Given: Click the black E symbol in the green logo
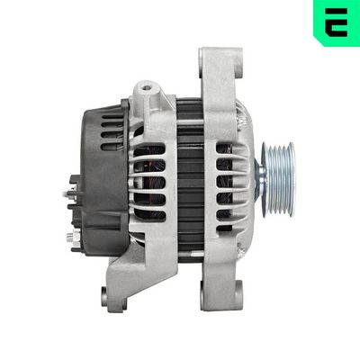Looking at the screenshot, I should click(337, 21).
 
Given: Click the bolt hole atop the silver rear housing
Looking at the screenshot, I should click(145, 91).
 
